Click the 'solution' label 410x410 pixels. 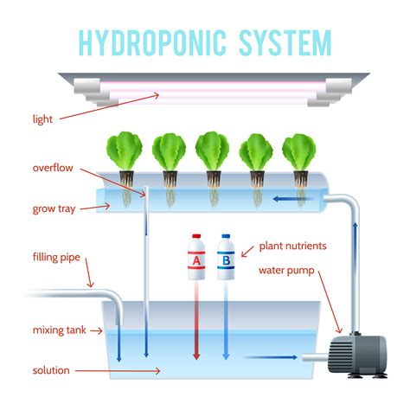pos(51,370)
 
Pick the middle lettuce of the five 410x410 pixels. pos(213,152)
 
